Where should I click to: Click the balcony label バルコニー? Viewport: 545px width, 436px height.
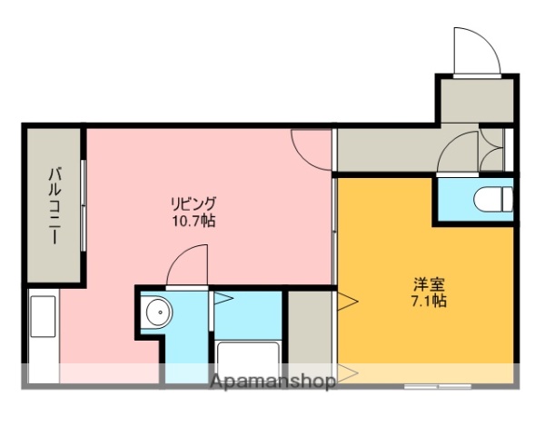coord(54,205)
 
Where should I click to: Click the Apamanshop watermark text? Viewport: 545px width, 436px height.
coord(273,381)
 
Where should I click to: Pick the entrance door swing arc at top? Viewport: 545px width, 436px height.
coord(474,50)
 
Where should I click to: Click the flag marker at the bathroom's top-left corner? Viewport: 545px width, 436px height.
coord(223,297)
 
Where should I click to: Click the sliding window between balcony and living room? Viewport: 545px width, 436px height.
coord(84,205)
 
